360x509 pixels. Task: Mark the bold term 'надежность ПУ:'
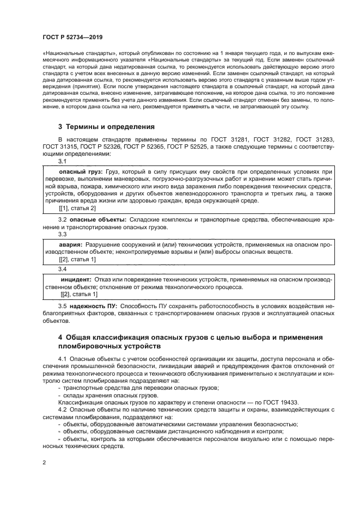[x=96, y=306]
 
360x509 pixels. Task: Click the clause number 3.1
[x=63, y=162]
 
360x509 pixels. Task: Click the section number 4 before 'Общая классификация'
[x=61, y=338]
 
